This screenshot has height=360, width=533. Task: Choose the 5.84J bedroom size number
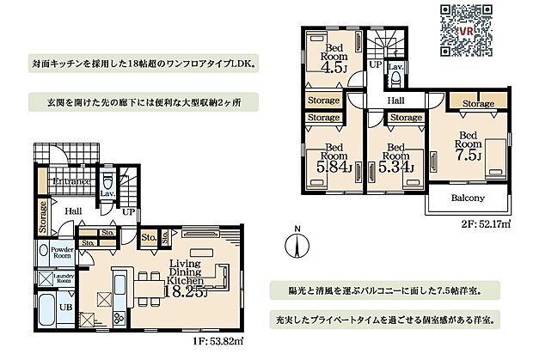332,166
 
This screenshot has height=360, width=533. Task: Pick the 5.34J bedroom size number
395,166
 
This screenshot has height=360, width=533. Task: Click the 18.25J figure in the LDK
186,290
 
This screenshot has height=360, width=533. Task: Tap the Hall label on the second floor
395,101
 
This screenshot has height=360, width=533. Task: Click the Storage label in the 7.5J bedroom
477,104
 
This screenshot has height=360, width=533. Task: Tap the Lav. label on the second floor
396,65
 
